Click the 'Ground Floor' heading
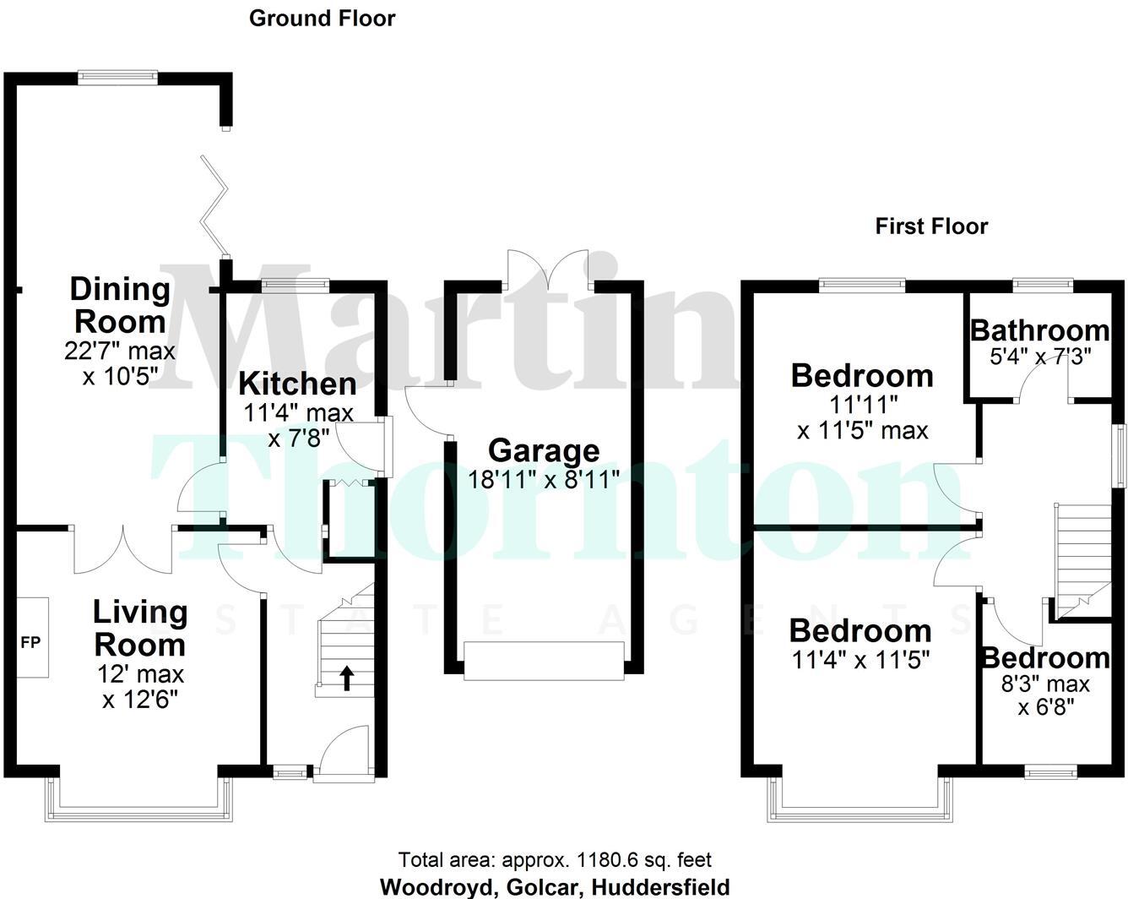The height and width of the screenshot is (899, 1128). point(322,18)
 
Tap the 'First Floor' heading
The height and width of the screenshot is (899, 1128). point(930,226)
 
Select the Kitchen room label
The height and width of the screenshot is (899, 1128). point(297,384)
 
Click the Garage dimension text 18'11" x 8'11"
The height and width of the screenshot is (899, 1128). point(544,480)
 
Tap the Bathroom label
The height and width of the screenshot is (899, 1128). point(1039,330)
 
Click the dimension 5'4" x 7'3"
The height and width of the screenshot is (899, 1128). point(1040,356)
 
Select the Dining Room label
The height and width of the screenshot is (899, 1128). point(119,305)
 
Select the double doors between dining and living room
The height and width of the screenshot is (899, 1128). point(123,549)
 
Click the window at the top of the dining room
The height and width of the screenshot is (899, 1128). point(118,77)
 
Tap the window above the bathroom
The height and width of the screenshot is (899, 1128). point(1043,285)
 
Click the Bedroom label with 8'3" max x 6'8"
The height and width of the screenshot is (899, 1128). point(1044,657)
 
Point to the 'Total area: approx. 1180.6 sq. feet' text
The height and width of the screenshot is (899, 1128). point(555,860)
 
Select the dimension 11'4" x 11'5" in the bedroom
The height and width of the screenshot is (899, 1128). point(861,659)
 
